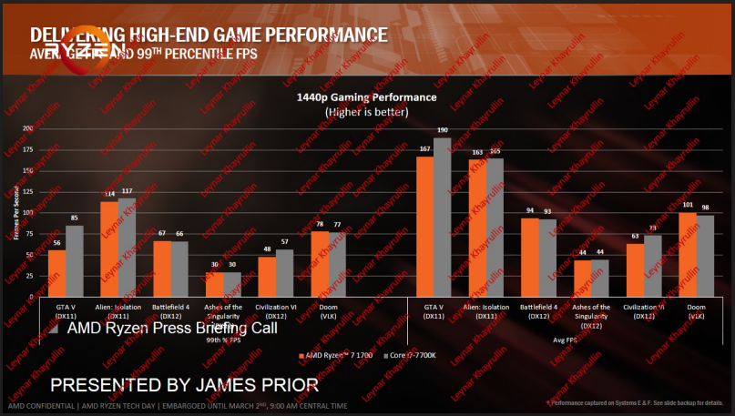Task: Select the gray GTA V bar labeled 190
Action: pyautogui.click(x=442, y=218)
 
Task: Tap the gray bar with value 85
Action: pyautogui.click(x=75, y=260)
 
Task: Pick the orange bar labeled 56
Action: pyautogui.click(x=57, y=273)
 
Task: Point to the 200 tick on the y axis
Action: pyautogui.click(x=28, y=128)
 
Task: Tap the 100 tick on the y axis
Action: pyautogui.click(x=28, y=212)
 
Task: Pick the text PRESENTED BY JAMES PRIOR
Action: pyautogui.click(x=184, y=384)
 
